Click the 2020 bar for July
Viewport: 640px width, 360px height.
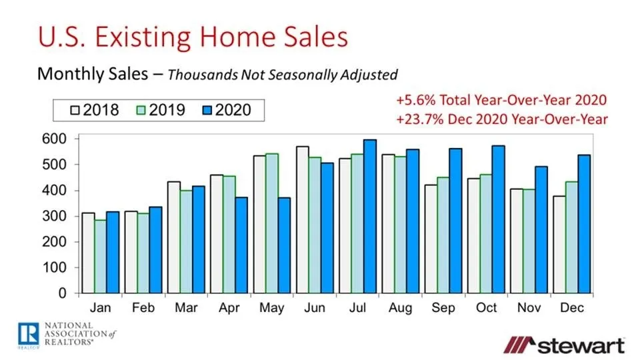tap(369, 216)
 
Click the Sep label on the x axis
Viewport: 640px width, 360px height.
tap(443, 308)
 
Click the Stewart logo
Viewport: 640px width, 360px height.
tap(563, 345)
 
